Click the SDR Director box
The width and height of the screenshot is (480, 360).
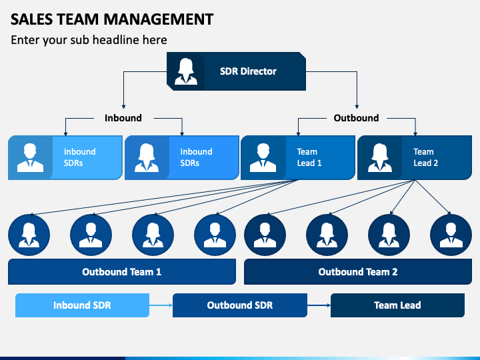[236, 71]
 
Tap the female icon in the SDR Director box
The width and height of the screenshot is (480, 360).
[186, 71]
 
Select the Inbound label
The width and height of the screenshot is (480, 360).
[123, 118]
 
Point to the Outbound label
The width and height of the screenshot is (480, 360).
[356, 118]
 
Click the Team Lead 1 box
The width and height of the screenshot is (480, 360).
[298, 157]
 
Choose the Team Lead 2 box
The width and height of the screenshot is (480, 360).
[415, 157]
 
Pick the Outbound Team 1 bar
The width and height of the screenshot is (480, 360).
[122, 271]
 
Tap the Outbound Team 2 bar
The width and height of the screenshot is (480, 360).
[358, 271]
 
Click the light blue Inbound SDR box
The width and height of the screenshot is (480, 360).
[83, 305]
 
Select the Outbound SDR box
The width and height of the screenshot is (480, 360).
[240, 305]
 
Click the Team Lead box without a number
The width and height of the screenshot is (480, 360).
[397, 305]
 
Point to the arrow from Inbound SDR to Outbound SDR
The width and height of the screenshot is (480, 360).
[161, 305]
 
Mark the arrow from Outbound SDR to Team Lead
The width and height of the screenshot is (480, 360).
[319, 305]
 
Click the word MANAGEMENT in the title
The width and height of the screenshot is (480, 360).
[158, 19]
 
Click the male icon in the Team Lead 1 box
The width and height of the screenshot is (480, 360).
[263, 157]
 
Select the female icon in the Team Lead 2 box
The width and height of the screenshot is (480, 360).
[379, 157]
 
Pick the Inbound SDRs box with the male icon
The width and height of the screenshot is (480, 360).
[65, 157]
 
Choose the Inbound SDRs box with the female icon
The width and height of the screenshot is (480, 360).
[182, 157]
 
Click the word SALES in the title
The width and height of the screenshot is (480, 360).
[31, 19]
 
